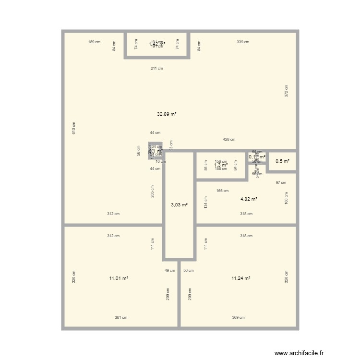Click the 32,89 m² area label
[x=167, y=114]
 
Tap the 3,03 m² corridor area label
[x=179, y=205]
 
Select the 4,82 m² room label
[x=249, y=199]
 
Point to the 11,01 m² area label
[x=119, y=278]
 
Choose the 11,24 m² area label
[x=241, y=278]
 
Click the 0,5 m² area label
[x=282, y=161]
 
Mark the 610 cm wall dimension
[x=74, y=128]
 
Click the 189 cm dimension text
[x=94, y=42]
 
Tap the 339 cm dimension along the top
[x=243, y=42]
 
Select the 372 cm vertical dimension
[x=286, y=91]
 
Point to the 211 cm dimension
[x=157, y=68]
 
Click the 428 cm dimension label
[x=229, y=139]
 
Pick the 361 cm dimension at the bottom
[x=121, y=317]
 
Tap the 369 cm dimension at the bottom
[x=239, y=317]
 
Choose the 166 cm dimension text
[x=222, y=191]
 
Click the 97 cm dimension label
[x=281, y=182]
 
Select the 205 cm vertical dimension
[x=152, y=192]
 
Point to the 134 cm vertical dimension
[x=205, y=202]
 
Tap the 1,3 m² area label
[x=221, y=165]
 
